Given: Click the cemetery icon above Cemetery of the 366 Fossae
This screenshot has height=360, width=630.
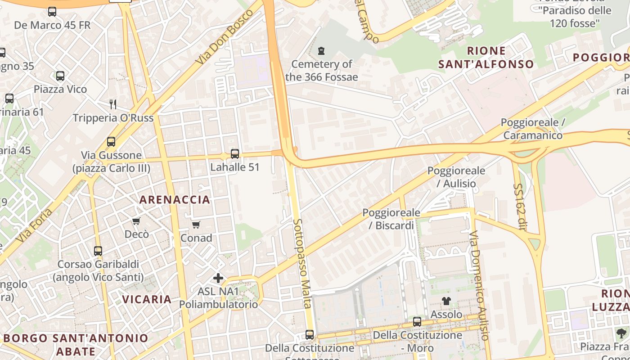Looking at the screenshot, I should pos(321,51).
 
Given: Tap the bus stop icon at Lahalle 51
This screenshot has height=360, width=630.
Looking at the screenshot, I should pos(234,154).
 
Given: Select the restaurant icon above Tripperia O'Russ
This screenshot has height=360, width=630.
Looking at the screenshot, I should pos(113,104).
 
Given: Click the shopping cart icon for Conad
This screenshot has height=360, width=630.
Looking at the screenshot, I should pos(196,225).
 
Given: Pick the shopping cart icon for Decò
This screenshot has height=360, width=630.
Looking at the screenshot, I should pos(136,221).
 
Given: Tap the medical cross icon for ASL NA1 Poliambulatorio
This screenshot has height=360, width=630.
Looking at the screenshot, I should pos(218,278).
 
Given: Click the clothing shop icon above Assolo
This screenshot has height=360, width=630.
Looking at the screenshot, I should pos(446,301).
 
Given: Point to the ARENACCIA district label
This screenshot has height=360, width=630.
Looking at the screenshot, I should pos(175,200).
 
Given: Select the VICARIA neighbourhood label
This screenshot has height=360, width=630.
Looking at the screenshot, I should pos(147,299).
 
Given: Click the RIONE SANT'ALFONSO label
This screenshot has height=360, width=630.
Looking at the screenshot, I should pos(486,58).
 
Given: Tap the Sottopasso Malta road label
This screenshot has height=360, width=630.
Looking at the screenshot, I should pos(302,263).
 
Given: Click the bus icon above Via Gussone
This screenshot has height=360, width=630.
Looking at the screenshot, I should pos(111,142).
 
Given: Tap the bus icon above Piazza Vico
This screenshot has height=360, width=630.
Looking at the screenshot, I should pos(60,76).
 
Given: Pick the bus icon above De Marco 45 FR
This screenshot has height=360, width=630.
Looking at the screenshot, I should pos(52,12).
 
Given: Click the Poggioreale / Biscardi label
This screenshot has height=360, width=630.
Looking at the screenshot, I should pos(391,219).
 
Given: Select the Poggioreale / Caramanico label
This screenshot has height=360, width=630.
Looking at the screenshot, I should pos(533,129).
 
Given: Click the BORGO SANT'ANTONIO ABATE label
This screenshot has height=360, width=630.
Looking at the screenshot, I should pos(76,344).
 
